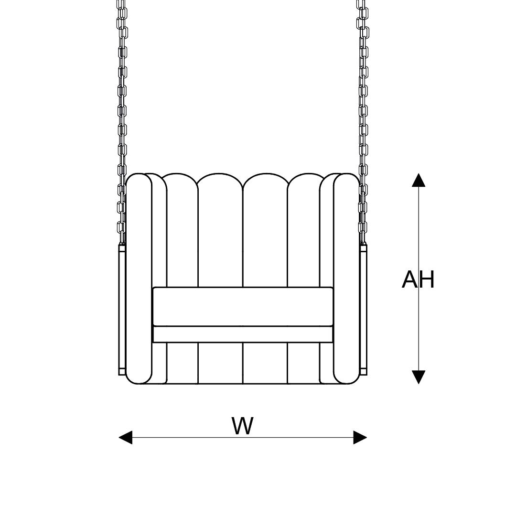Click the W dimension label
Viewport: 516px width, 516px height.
(242, 426)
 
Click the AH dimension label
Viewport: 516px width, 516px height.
(418, 279)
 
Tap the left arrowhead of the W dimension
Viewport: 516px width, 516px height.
(125, 437)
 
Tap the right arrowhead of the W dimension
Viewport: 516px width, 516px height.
(360, 437)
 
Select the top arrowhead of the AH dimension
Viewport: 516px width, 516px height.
(419, 180)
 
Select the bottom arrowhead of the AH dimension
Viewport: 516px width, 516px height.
(419, 377)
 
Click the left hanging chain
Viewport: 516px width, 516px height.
(122, 96)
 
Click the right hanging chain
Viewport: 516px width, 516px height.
(364, 96)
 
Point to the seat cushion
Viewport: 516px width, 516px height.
(243, 306)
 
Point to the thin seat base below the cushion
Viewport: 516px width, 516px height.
(243, 334)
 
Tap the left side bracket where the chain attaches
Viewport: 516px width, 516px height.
(122, 306)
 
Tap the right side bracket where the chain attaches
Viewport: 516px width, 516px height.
(364, 306)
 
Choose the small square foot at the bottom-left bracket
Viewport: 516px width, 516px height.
(122, 371)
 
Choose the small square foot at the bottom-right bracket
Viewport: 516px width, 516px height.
(364, 371)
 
